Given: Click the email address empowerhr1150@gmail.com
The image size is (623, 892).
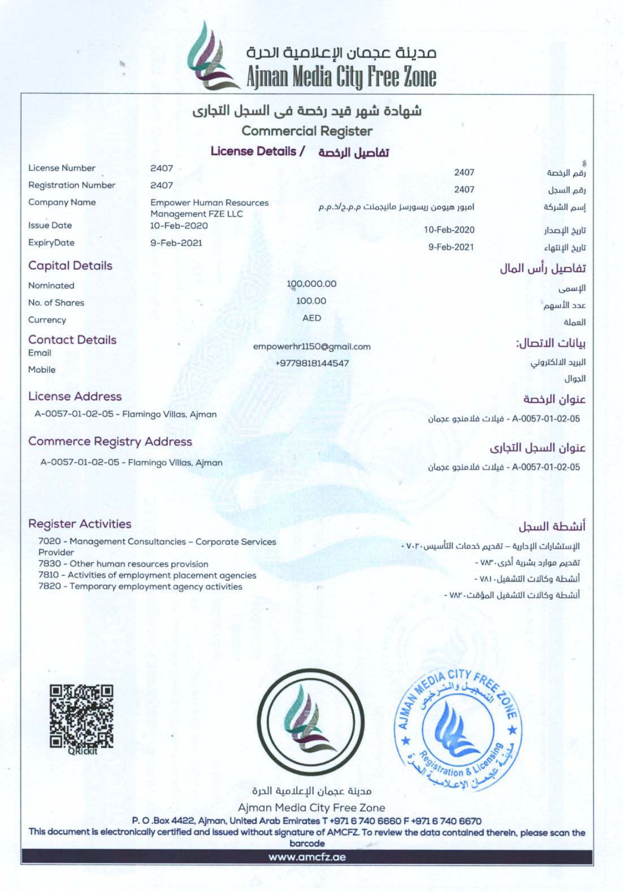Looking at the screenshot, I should (x=311, y=347).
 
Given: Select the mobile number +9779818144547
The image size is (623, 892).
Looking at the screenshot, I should (x=311, y=363).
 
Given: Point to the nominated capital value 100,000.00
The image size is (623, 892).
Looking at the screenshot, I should (x=311, y=284).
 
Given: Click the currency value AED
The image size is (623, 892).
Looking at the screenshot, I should (x=311, y=318).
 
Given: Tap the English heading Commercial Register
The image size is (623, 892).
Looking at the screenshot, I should (x=307, y=131).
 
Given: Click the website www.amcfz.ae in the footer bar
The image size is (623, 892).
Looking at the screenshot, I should (x=307, y=857).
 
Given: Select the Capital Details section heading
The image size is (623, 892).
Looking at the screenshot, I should (x=70, y=266).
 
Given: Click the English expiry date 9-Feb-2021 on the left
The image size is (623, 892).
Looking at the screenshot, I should (x=176, y=243).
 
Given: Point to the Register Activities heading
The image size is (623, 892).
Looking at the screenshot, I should (x=80, y=524).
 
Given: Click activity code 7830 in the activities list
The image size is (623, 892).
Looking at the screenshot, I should (x=49, y=564).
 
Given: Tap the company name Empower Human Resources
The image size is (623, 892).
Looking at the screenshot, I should (x=209, y=203).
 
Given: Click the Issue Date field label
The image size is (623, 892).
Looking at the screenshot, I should (x=50, y=226).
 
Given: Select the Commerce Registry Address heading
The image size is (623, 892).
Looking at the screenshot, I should (x=110, y=441).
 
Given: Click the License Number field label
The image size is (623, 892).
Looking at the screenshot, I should (x=62, y=168).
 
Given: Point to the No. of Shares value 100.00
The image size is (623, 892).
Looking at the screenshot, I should (x=311, y=301).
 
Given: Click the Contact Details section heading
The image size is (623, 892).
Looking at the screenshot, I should (x=72, y=340).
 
